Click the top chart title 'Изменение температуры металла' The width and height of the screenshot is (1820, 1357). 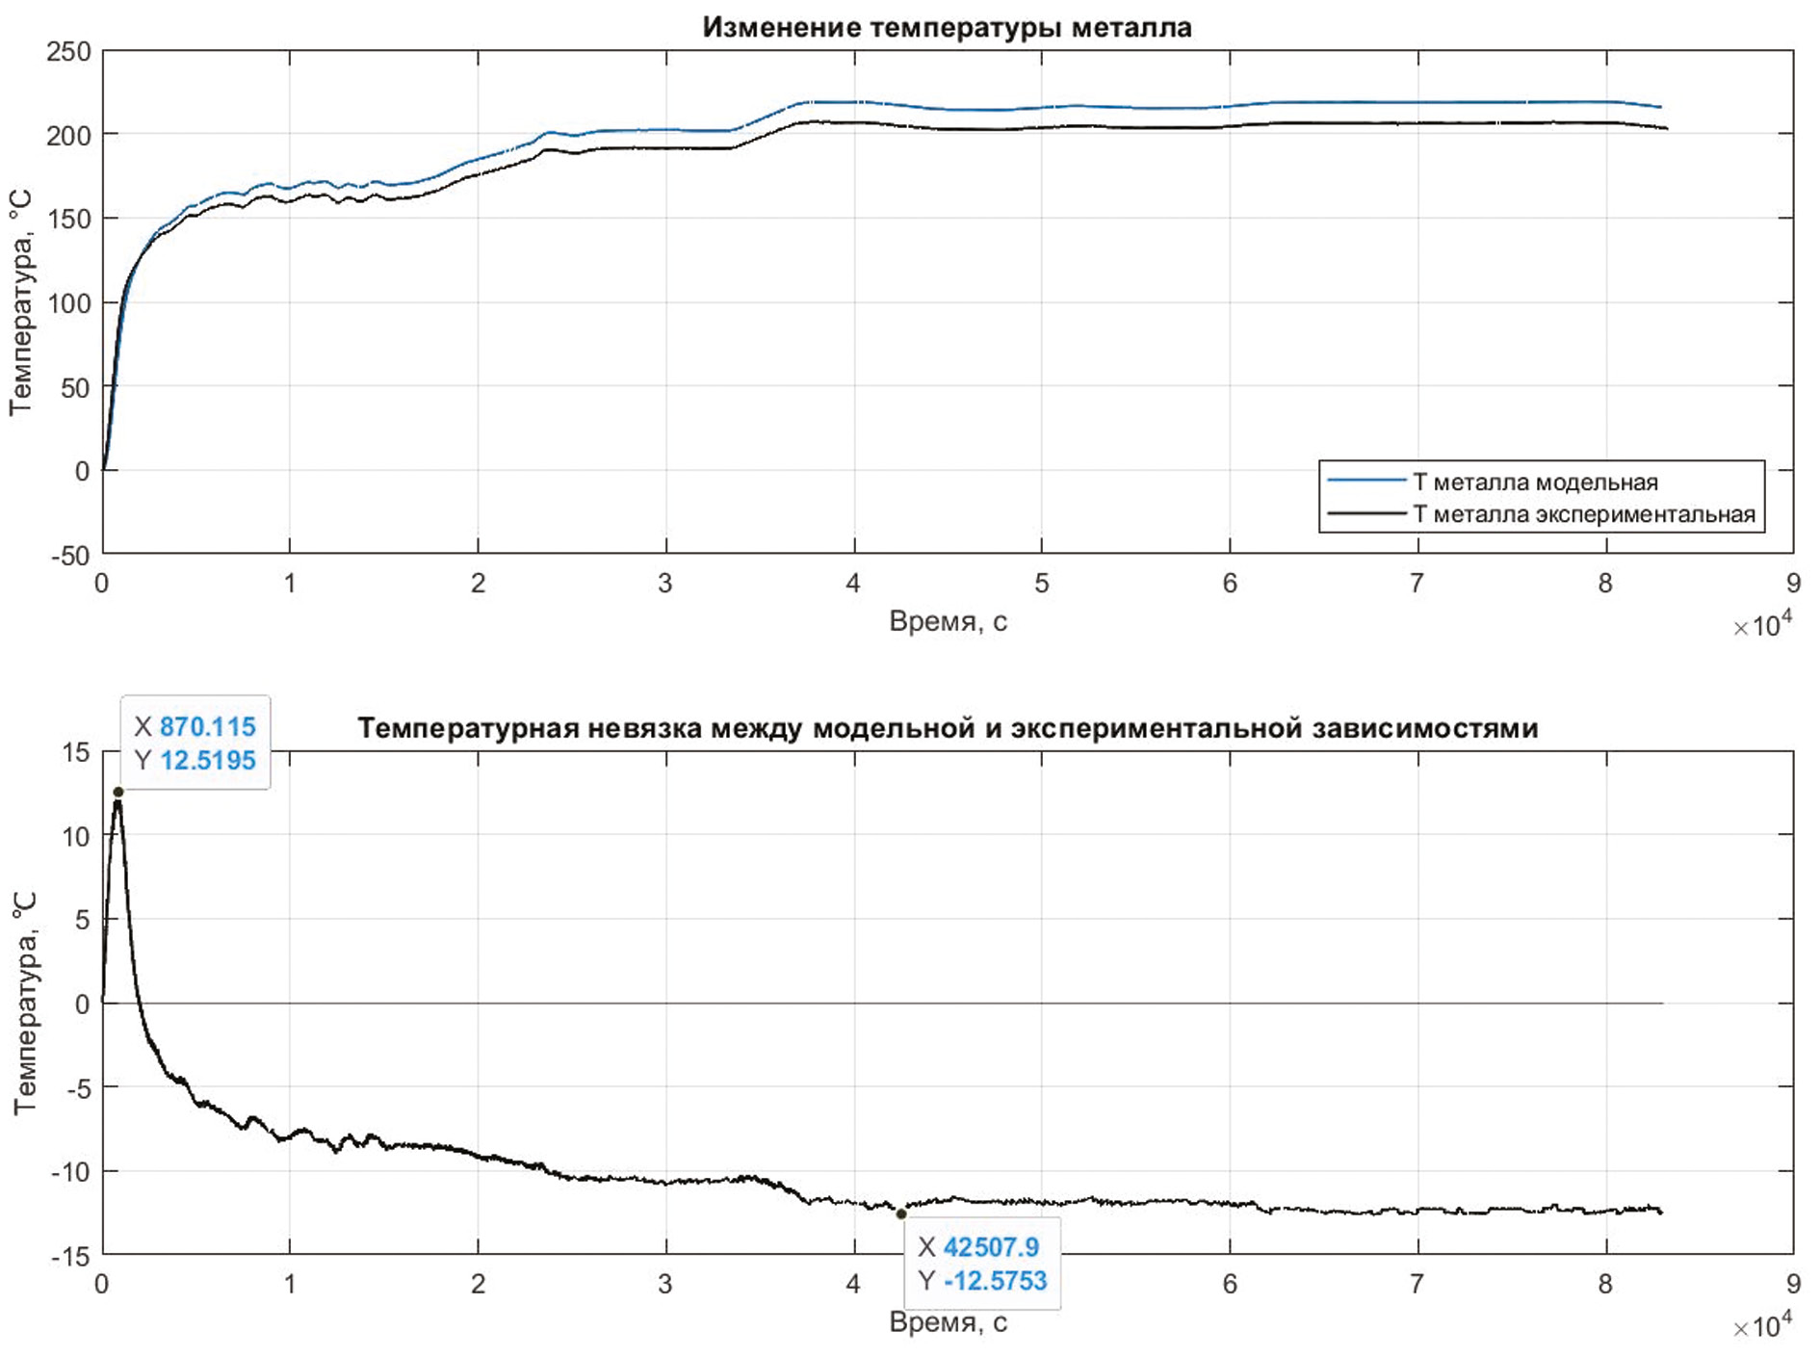(947, 27)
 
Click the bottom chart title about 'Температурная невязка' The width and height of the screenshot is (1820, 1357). (948, 728)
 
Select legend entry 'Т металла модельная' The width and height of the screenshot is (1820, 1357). (1535, 482)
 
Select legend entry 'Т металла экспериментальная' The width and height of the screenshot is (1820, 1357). (1584, 514)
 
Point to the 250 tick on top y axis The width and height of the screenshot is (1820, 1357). (69, 51)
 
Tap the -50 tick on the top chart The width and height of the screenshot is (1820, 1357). (69, 556)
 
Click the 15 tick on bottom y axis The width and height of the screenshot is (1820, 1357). (75, 752)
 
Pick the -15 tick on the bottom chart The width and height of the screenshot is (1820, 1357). (69, 1256)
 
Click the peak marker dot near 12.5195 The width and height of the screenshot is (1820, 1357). (118, 792)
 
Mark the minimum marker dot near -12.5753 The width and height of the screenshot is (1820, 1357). (901, 1214)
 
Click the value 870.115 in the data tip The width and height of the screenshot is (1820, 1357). (208, 726)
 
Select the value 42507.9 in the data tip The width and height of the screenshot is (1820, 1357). (991, 1247)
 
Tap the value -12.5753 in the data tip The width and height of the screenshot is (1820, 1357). (995, 1281)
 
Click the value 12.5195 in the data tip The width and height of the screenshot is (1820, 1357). (208, 760)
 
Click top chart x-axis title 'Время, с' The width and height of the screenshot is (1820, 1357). (948, 622)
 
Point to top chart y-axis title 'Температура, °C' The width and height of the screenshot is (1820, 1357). (21, 303)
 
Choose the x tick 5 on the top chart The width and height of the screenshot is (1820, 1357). (1042, 584)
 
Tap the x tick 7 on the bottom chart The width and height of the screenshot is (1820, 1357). (1417, 1284)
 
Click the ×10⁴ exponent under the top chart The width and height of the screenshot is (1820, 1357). (1762, 626)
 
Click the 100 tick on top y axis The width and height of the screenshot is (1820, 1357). (69, 303)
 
